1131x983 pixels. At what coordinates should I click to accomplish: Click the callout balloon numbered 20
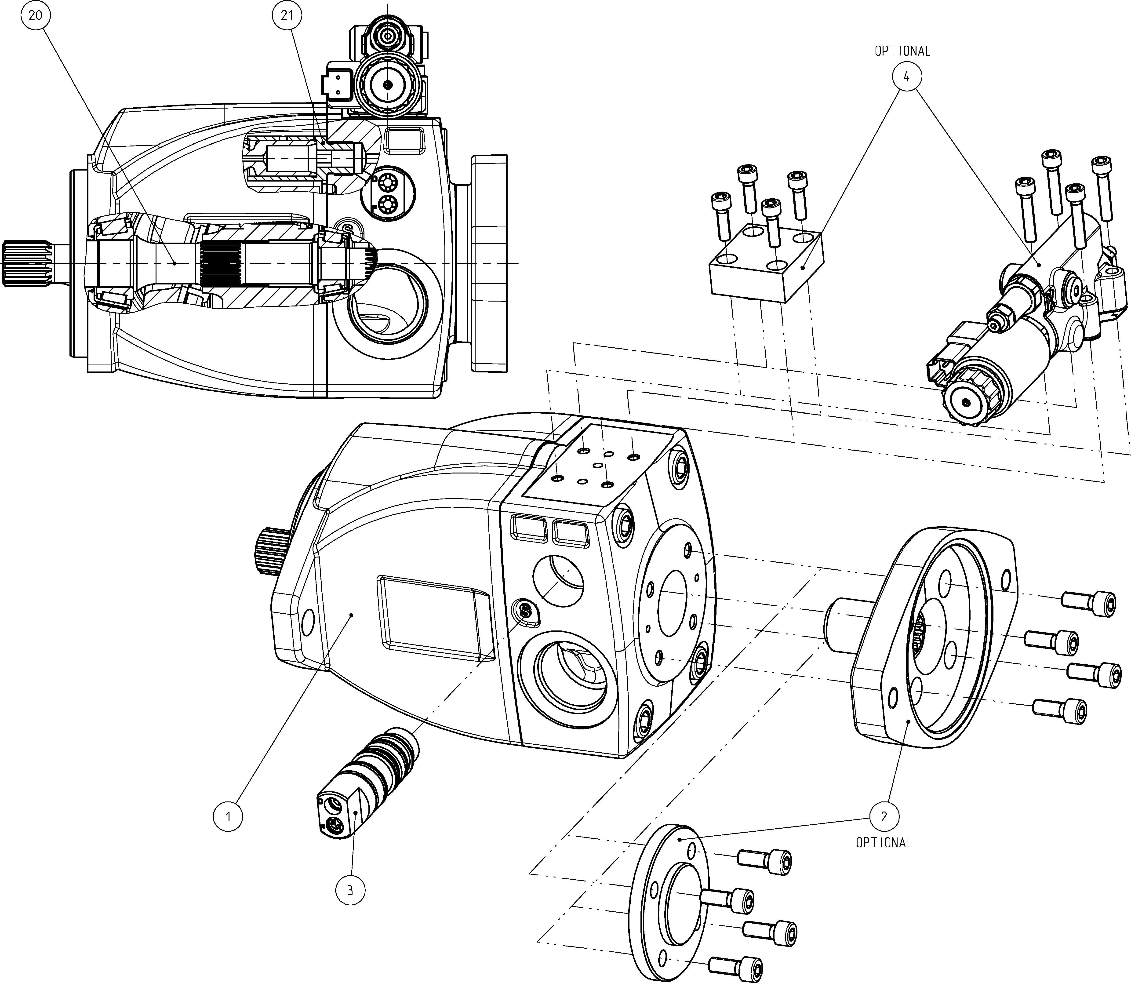click(35, 15)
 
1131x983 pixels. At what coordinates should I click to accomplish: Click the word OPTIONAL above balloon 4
click(902, 51)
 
